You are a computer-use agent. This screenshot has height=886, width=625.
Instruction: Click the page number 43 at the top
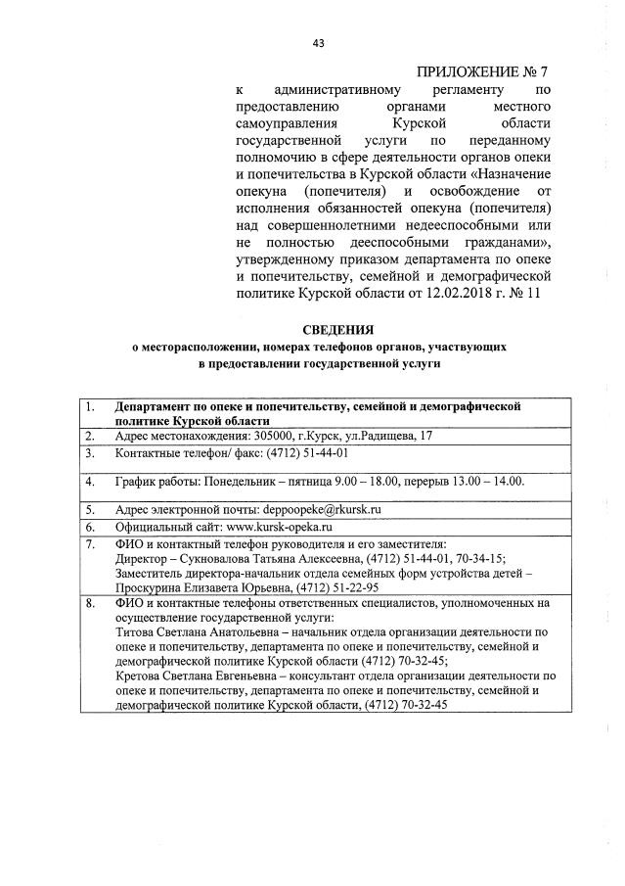[318, 43]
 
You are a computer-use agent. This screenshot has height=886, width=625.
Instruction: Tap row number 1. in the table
[89, 404]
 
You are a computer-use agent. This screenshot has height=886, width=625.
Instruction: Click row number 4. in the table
[89, 482]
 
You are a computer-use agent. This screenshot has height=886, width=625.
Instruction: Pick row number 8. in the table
[89, 604]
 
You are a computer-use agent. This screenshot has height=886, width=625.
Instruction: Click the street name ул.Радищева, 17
[381, 436]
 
